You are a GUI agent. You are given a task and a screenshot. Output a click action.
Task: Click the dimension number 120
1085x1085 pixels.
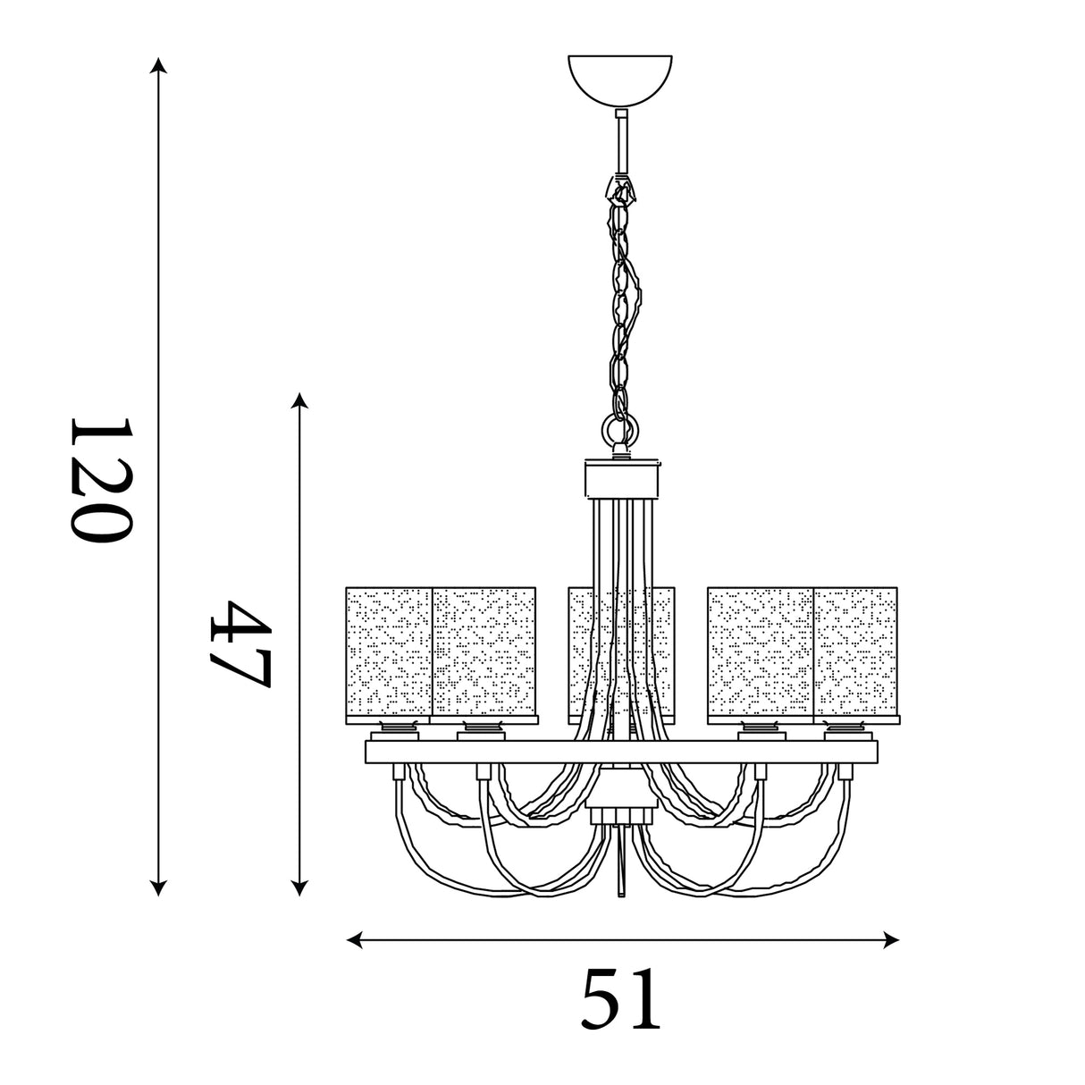click(x=101, y=480)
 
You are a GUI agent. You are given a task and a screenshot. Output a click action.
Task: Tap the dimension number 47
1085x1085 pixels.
click(x=241, y=643)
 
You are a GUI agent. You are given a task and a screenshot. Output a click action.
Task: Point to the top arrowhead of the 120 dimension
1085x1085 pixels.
click(x=158, y=65)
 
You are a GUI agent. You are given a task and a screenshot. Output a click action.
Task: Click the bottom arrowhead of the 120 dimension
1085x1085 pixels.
click(x=158, y=888)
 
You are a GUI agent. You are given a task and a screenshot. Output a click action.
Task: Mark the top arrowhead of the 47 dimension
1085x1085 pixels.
click(x=299, y=400)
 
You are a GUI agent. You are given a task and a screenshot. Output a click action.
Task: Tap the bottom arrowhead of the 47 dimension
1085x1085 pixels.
click(x=299, y=888)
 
